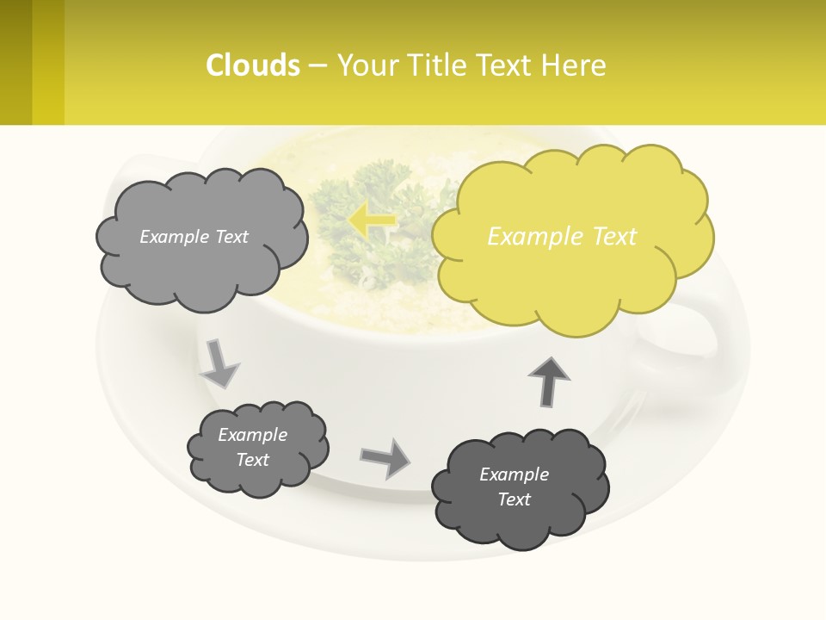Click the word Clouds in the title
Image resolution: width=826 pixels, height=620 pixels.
(253, 65)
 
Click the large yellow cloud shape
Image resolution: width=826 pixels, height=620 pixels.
(572, 237)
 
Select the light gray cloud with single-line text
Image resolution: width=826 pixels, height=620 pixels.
(200, 237)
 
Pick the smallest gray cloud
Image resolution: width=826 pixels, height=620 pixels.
(257, 448)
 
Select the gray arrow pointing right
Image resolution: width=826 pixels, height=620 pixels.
(385, 458)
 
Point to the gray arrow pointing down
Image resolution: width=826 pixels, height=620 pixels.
(219, 363)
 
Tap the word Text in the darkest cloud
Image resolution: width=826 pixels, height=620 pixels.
(514, 499)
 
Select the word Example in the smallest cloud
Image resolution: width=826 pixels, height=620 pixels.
(252, 435)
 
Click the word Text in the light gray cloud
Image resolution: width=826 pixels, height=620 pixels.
(231, 237)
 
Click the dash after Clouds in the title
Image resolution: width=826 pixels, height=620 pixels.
(317, 65)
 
